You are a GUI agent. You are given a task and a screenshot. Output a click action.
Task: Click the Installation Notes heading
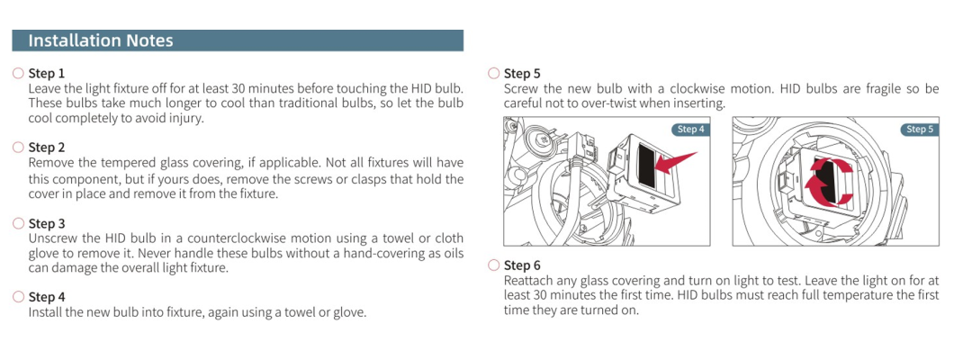pyautogui.click(x=101, y=40)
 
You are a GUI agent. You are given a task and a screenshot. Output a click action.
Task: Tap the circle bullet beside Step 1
pyautogui.click(x=18, y=73)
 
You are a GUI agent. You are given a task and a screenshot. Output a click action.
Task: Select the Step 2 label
pyautogui.click(x=47, y=148)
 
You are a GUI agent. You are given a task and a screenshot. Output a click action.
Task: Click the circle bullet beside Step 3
pyautogui.click(x=18, y=222)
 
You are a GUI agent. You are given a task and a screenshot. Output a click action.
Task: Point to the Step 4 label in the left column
pyautogui.click(x=47, y=297)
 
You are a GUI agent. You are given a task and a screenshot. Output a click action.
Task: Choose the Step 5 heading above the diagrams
pyautogui.click(x=522, y=74)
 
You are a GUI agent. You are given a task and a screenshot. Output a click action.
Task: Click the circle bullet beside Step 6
pyautogui.click(x=493, y=265)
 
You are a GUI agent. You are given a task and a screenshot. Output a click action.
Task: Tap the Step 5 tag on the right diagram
pyautogui.click(x=919, y=130)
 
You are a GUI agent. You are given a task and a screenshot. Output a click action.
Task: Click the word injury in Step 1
pyautogui.click(x=182, y=118)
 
